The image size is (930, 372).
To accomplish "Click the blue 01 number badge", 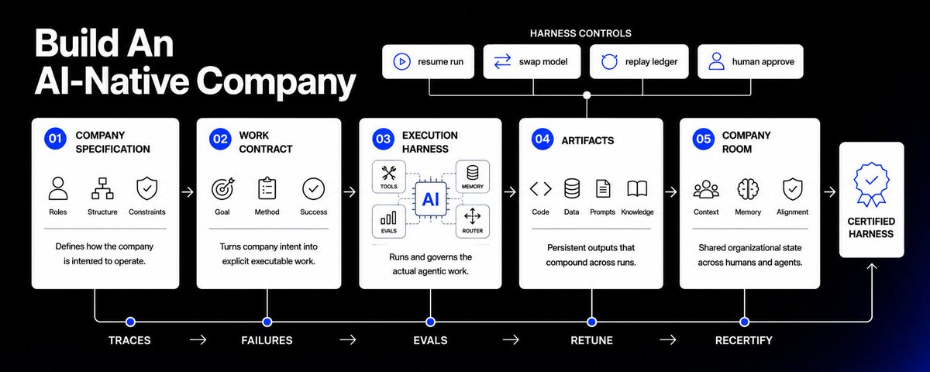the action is pyautogui.click(x=55, y=138).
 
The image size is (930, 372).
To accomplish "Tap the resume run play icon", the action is pyautogui.click(x=401, y=62).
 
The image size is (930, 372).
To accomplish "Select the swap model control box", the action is pyautogui.click(x=532, y=62).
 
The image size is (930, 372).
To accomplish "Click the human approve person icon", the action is pyautogui.click(x=716, y=61).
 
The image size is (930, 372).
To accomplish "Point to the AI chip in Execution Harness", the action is pyautogui.click(x=431, y=199).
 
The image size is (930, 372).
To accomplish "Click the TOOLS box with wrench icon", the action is pyautogui.click(x=388, y=177).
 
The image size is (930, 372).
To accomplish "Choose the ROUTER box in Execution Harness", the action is pyautogui.click(x=473, y=222).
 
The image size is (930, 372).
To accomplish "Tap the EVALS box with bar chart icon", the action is pyautogui.click(x=388, y=222).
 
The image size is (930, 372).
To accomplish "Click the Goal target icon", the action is pyautogui.click(x=223, y=189).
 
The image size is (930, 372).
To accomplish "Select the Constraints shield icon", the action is pyautogui.click(x=147, y=188).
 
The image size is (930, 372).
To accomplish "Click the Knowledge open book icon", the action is pyautogui.click(x=637, y=189).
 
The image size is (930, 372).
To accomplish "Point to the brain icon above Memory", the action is pyautogui.click(x=748, y=189).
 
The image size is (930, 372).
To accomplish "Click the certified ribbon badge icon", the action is pyautogui.click(x=871, y=184).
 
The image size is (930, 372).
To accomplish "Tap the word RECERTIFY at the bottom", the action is pyautogui.click(x=743, y=340).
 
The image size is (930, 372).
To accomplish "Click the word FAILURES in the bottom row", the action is pyautogui.click(x=267, y=340).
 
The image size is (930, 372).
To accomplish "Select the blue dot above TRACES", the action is pyautogui.click(x=130, y=322).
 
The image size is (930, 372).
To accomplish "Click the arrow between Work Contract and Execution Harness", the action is pyautogui.click(x=350, y=192).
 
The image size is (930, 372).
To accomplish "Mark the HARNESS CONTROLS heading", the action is pyautogui.click(x=580, y=33).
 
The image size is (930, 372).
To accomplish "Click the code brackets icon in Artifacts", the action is pyautogui.click(x=541, y=189).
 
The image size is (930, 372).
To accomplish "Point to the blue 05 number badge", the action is pyautogui.click(x=704, y=138).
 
